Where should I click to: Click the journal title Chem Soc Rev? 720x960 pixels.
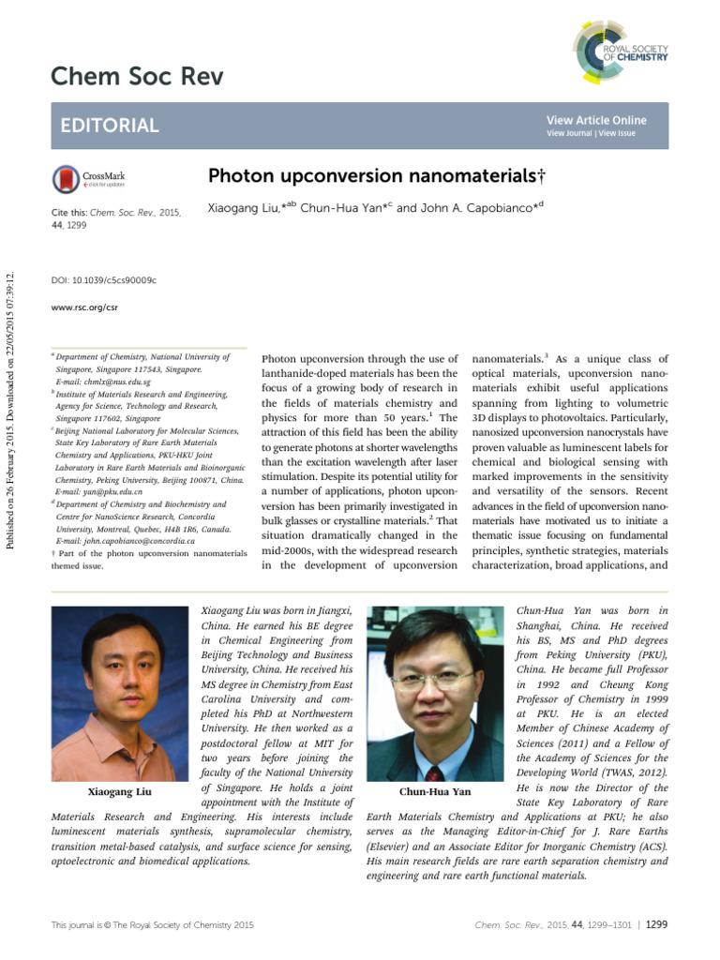(137, 76)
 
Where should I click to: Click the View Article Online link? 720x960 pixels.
(596, 120)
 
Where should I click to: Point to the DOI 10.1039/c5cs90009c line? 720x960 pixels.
(103, 279)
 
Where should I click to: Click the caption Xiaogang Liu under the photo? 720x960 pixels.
(113, 792)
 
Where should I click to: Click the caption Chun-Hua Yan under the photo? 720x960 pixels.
(434, 792)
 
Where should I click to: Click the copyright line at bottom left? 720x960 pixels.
(152, 925)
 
